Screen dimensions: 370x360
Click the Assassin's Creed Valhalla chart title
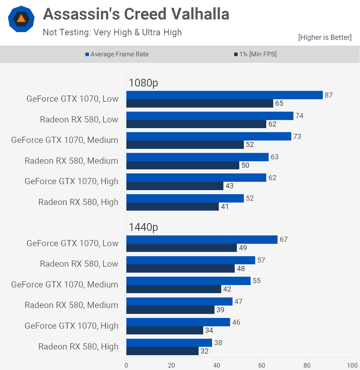click(x=136, y=14)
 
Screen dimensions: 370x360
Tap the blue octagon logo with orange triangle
click(x=21, y=19)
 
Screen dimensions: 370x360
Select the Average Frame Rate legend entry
click(x=117, y=54)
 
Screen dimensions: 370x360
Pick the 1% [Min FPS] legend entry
click(x=255, y=54)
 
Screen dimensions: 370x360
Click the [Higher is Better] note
click(x=325, y=37)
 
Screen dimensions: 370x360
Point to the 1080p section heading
click(x=143, y=83)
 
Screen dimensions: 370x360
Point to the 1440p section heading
click(x=143, y=227)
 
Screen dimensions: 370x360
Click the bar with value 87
click(x=224, y=95)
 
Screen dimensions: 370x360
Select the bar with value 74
click(x=210, y=116)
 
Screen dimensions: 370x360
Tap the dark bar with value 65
click(x=200, y=103)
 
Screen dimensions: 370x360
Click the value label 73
click(x=297, y=136)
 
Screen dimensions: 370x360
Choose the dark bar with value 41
click(x=172, y=207)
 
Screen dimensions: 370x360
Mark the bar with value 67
click(x=202, y=239)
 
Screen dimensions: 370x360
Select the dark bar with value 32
click(x=162, y=351)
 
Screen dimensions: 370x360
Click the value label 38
click(x=218, y=343)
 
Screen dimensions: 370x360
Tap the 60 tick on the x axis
click(x=262, y=365)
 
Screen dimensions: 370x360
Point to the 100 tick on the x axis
click(x=352, y=365)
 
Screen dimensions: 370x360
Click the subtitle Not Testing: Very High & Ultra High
click(x=112, y=32)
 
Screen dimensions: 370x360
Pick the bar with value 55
click(x=188, y=281)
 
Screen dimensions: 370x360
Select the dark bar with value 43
click(x=175, y=186)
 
